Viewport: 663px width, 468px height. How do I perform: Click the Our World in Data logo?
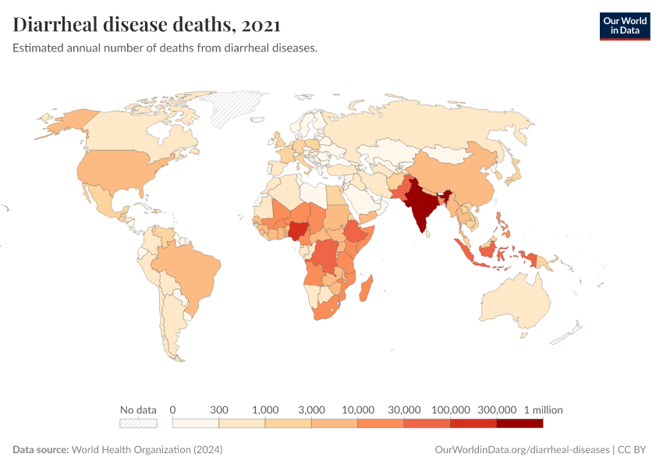(x=624, y=26)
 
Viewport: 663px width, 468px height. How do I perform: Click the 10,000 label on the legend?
(x=358, y=409)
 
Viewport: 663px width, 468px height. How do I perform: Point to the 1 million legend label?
(x=543, y=409)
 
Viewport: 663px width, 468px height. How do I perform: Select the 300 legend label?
(x=219, y=409)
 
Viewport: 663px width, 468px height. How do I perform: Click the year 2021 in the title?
(x=262, y=25)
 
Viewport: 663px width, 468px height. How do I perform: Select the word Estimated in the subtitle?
(x=38, y=48)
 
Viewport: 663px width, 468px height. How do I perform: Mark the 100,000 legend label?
(x=450, y=409)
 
